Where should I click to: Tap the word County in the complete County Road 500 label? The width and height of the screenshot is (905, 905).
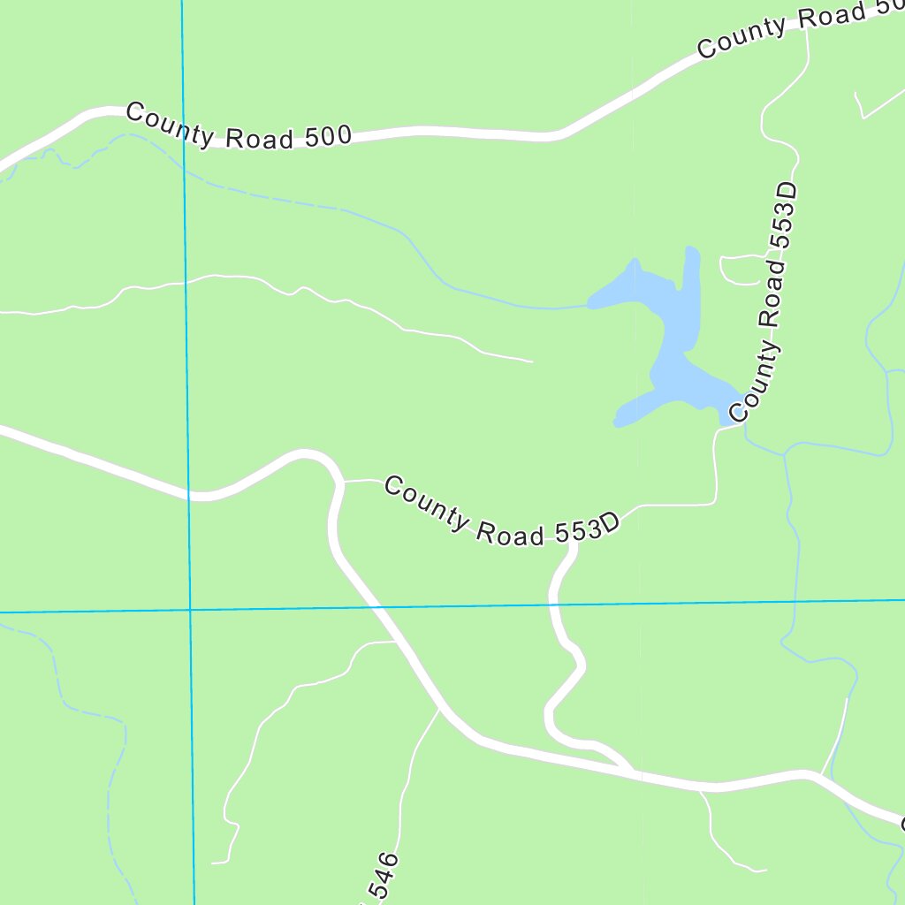pyautogui.click(x=169, y=125)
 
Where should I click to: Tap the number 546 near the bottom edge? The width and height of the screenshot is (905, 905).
pyautogui.click(x=382, y=877)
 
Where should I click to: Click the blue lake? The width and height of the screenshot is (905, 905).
pyautogui.click(x=672, y=336)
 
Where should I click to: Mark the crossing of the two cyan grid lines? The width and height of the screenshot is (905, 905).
pyautogui.click(x=189, y=610)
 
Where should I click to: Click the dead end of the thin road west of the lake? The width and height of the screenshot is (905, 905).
pyautogui.click(x=532, y=361)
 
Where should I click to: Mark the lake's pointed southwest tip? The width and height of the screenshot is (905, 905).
pyautogui.click(x=618, y=422)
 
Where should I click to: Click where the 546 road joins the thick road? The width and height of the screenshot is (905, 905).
pyautogui.click(x=439, y=708)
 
